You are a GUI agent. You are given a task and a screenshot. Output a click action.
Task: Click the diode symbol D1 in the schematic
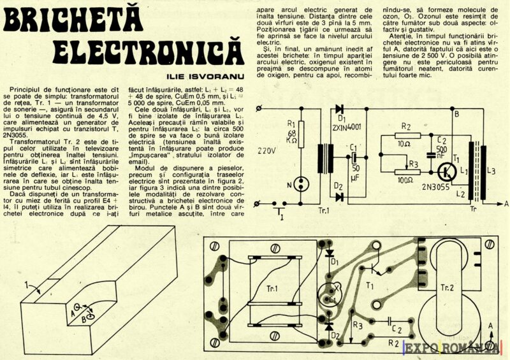point(340,108)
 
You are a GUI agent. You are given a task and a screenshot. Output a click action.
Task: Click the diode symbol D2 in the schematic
point(340,196)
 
